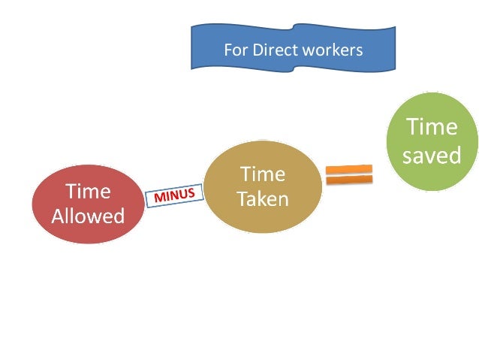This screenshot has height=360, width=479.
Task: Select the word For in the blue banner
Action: [x=235, y=51]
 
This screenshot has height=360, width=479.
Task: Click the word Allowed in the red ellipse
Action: [x=88, y=216]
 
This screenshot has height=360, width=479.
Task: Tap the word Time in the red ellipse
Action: [x=88, y=192]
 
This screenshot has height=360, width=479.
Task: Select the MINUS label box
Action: [x=174, y=196]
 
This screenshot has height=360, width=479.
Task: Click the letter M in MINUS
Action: [x=158, y=199]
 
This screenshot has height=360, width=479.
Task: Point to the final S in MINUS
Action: [x=191, y=193]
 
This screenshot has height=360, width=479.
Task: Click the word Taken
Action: [x=263, y=199]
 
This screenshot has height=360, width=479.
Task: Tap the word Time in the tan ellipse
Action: [x=263, y=174]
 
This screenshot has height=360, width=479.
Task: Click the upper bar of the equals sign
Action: [x=349, y=168]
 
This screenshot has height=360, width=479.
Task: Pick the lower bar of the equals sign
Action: [x=349, y=180]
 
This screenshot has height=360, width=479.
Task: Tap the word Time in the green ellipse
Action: [x=432, y=126]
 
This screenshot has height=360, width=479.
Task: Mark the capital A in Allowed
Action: [x=58, y=216]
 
